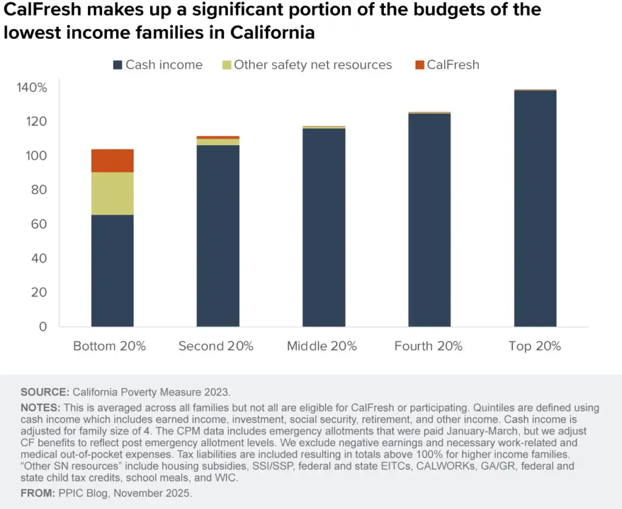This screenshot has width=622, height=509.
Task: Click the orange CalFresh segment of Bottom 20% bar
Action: pos(112,160)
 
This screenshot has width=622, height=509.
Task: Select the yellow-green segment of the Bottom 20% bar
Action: pos(112,194)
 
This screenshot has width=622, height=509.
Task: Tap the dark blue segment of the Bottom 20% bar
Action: pos(112,271)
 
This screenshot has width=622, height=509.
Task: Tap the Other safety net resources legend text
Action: pos(313,64)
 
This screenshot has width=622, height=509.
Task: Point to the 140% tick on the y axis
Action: pos(32,88)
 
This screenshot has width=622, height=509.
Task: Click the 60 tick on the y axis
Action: pos(39,224)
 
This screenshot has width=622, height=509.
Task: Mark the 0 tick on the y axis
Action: pos(43,326)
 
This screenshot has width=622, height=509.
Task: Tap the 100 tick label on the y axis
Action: pos(36,156)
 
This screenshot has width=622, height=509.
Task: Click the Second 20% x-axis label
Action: pos(216,346)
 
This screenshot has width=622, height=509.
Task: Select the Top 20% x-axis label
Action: pos(535,346)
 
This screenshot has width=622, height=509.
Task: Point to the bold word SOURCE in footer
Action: pos(44,392)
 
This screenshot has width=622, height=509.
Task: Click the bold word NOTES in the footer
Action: pos(39,408)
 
